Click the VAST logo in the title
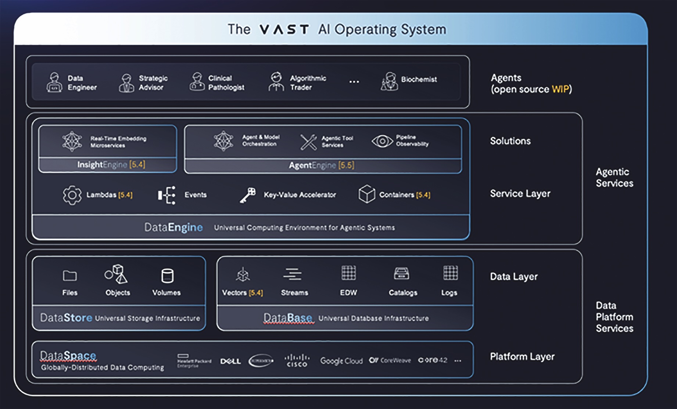click(284, 29)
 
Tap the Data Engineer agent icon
click(54, 82)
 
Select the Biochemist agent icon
click(390, 81)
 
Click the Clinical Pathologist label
click(226, 83)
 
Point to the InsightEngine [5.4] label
click(111, 165)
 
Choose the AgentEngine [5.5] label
click(322, 166)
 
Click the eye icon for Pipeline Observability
click(382, 141)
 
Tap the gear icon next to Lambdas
click(72, 195)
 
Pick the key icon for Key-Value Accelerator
click(248, 195)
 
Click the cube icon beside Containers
click(367, 194)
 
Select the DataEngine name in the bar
click(173, 227)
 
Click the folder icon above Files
click(70, 275)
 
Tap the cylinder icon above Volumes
click(167, 276)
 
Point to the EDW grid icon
click(348, 273)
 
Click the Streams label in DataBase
click(294, 293)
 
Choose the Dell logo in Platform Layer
click(230, 361)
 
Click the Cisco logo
click(297, 360)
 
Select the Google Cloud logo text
click(341, 361)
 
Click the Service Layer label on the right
click(520, 193)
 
